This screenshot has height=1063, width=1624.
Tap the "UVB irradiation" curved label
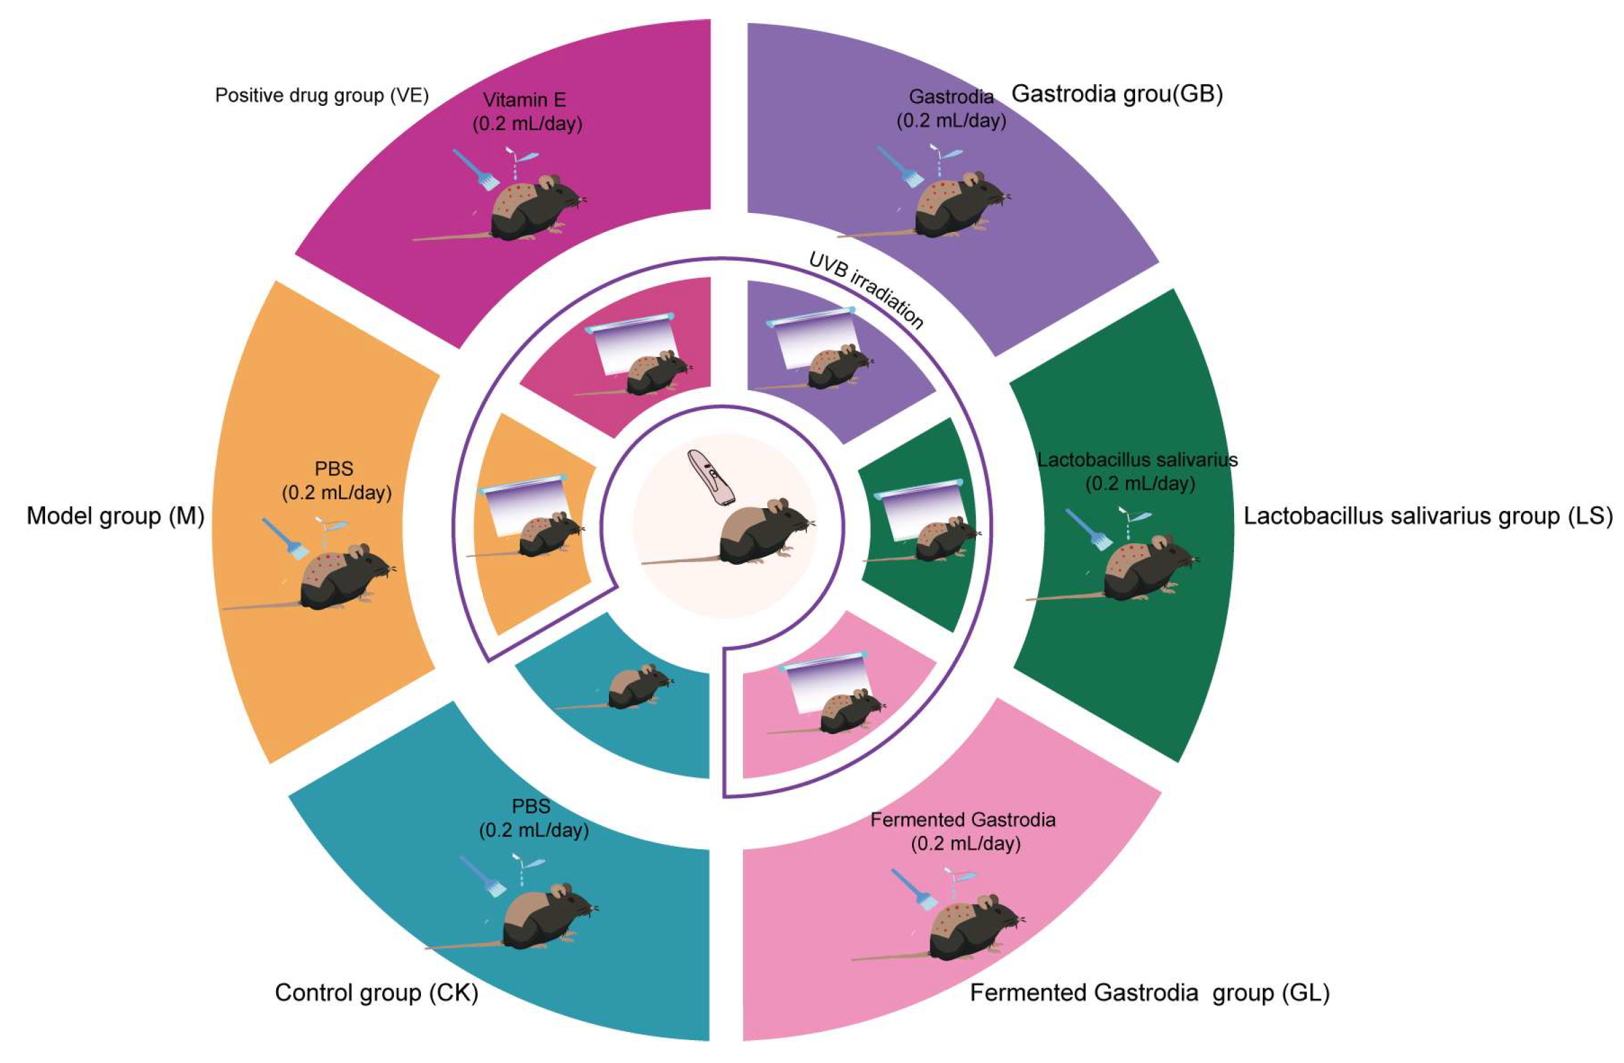[866, 290]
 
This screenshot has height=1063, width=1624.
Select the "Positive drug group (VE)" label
[321, 95]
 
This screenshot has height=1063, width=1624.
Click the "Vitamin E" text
[524, 100]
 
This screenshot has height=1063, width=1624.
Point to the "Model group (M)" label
[115, 516]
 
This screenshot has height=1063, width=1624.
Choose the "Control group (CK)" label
[377, 993]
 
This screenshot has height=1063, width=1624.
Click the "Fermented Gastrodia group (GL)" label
[1150, 993]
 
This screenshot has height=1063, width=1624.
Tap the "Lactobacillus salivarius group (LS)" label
[1427, 516]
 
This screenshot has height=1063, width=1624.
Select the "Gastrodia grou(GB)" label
[1116, 94]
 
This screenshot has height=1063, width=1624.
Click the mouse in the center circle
[757, 533]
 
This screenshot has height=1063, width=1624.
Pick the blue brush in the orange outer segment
[285, 538]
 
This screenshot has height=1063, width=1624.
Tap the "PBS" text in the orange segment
[333, 469]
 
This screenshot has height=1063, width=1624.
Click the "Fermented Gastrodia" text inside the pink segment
[963, 820]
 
